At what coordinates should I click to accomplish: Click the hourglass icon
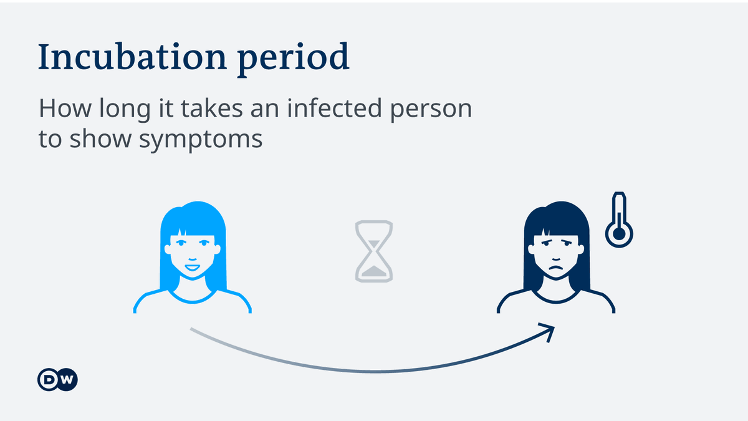[x=374, y=249]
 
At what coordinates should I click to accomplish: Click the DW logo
[x=57, y=379]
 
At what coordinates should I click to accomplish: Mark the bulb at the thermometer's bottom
[x=619, y=234]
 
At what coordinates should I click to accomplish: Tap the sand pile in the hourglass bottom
[x=374, y=271]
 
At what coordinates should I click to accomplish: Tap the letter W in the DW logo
[x=66, y=379]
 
